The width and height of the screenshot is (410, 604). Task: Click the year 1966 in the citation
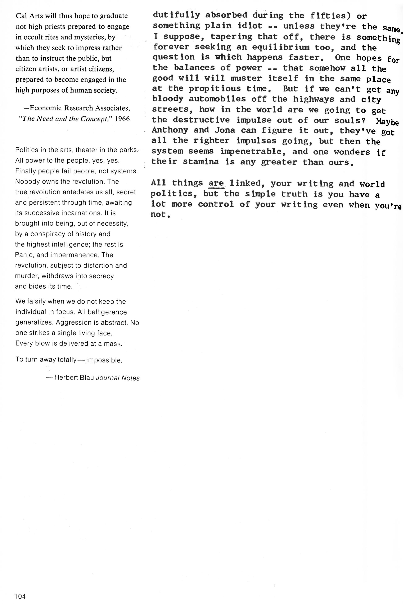[122, 119]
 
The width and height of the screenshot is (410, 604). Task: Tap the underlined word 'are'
[216, 183]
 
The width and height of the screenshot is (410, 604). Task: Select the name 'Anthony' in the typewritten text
[170, 130]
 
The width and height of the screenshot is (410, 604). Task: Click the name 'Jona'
[225, 130]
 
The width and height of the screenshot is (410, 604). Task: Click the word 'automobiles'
[217, 99]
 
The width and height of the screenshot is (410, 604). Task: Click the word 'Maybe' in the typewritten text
[387, 122]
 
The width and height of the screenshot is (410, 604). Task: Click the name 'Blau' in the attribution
[87, 378]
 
